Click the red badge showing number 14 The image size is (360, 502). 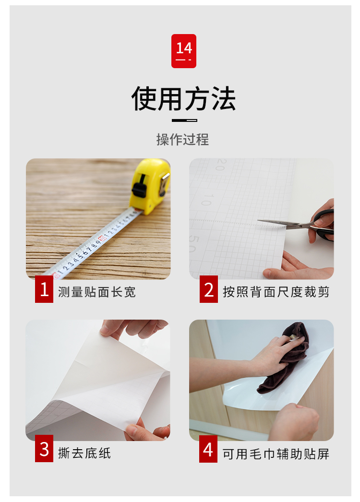(184, 51)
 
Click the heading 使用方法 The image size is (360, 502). (184, 99)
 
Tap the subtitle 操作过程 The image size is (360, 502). (182, 140)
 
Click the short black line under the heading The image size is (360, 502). (184, 120)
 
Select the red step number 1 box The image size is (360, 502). (44, 289)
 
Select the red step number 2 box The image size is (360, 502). (209, 289)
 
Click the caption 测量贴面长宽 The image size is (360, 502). (97, 292)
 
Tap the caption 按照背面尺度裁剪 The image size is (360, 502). (276, 292)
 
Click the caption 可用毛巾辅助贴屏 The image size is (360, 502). (276, 454)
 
